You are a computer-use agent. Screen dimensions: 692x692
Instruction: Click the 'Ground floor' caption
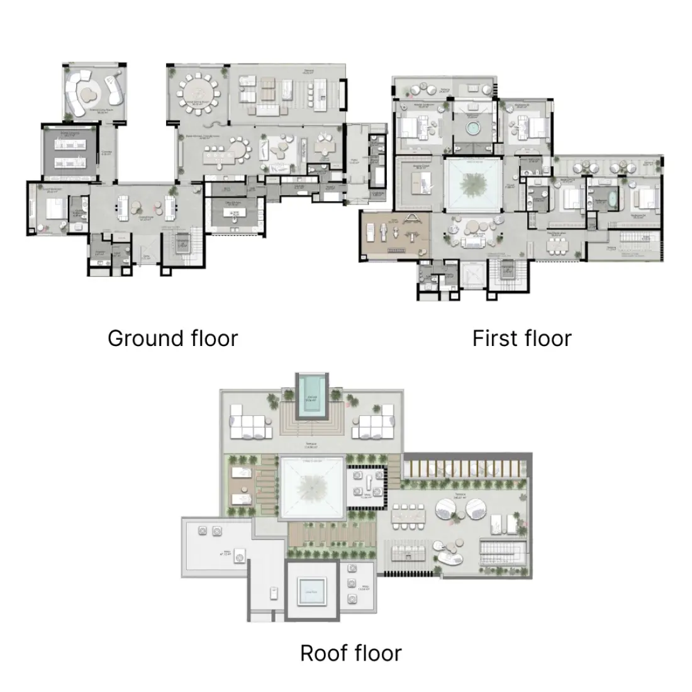(x=172, y=338)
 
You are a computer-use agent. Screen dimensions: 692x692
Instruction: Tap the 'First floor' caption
(x=522, y=338)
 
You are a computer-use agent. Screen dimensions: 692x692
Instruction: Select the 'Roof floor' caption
(x=350, y=653)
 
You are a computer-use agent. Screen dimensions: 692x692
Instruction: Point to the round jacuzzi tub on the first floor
(x=471, y=128)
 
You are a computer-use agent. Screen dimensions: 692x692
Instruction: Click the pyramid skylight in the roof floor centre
(x=313, y=487)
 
